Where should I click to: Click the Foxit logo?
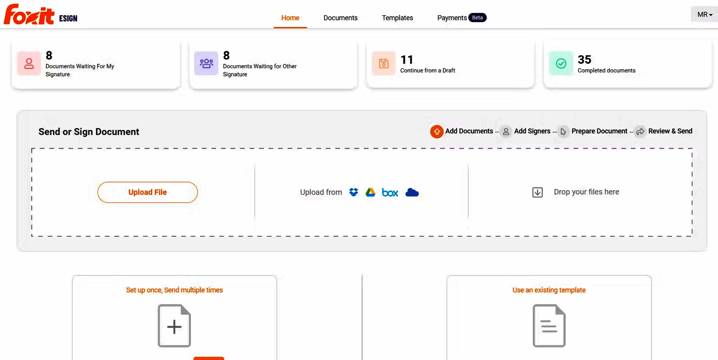tap(30, 15)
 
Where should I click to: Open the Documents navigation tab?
tap(340, 18)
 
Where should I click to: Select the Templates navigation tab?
tap(397, 18)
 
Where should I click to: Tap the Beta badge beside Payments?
tap(477, 18)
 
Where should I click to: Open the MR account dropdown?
tap(704, 14)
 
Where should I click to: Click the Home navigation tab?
tap(290, 18)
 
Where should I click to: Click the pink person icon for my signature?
tap(29, 63)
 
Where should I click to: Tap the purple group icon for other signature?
tap(206, 63)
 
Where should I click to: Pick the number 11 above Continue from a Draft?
tap(407, 60)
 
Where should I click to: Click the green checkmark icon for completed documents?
tap(561, 63)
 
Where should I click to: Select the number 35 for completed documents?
tap(584, 60)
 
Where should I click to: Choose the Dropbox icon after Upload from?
tap(354, 192)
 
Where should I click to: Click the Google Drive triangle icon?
tap(370, 192)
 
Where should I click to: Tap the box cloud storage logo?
tap(390, 193)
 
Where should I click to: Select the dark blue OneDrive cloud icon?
tap(412, 192)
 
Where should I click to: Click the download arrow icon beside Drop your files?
tap(537, 192)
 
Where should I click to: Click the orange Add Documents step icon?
tap(437, 132)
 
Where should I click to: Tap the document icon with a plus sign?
tap(174, 326)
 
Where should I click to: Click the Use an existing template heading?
tap(549, 290)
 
